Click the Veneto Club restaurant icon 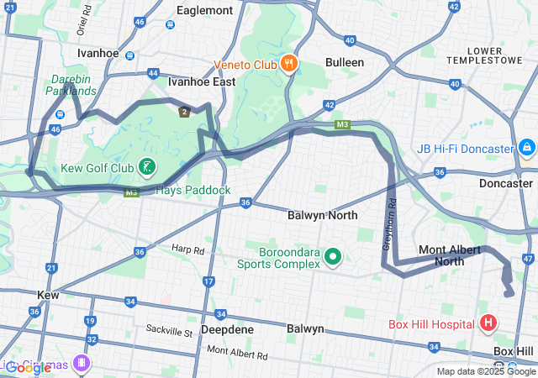pyautogui.click(x=288, y=63)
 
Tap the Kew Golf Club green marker pyautogui.click(x=147, y=167)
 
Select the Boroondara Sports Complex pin pyautogui.click(x=332, y=256)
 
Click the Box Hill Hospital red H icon pyautogui.click(x=488, y=323)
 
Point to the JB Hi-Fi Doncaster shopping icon pyautogui.click(x=526, y=149)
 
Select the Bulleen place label pyautogui.click(x=345, y=62)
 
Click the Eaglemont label pyautogui.click(x=204, y=10)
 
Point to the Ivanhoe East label pyautogui.click(x=202, y=82)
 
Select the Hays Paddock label pyautogui.click(x=193, y=190)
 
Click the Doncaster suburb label pyautogui.click(x=505, y=183)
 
